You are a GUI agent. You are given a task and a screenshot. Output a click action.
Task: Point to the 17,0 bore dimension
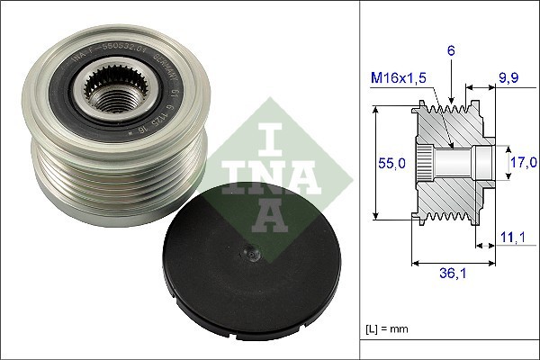(520, 162)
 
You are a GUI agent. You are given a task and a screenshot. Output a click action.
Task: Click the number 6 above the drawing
(451, 51)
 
